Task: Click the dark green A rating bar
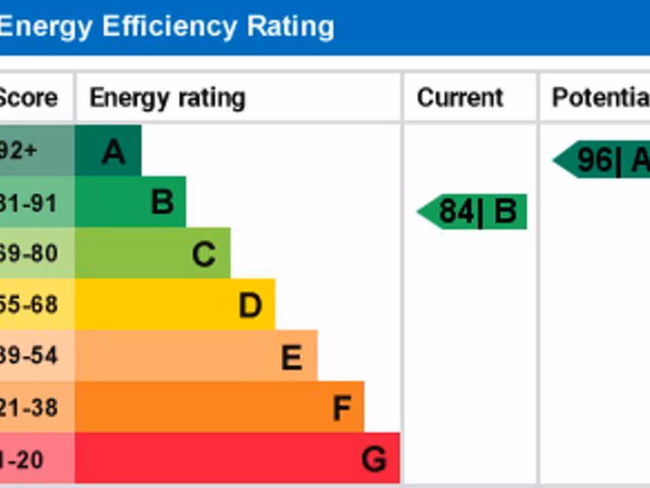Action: coord(108,151)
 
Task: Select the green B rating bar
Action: coord(130,202)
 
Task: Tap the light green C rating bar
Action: coord(152,254)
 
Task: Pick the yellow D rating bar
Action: coord(175,304)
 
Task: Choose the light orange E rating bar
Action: coord(196,356)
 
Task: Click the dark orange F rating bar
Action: coord(219,407)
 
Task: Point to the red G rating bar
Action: coord(237,458)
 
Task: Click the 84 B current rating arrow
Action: coord(474,212)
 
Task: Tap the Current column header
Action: coord(460,98)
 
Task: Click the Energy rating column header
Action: coord(168,98)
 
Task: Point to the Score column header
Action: coord(28,98)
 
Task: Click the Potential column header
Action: coord(600,98)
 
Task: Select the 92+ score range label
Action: coord(19,151)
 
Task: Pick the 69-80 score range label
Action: coord(29,254)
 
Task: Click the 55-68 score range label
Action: coord(29,305)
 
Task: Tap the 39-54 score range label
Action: coord(29,356)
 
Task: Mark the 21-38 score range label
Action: coord(29,407)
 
